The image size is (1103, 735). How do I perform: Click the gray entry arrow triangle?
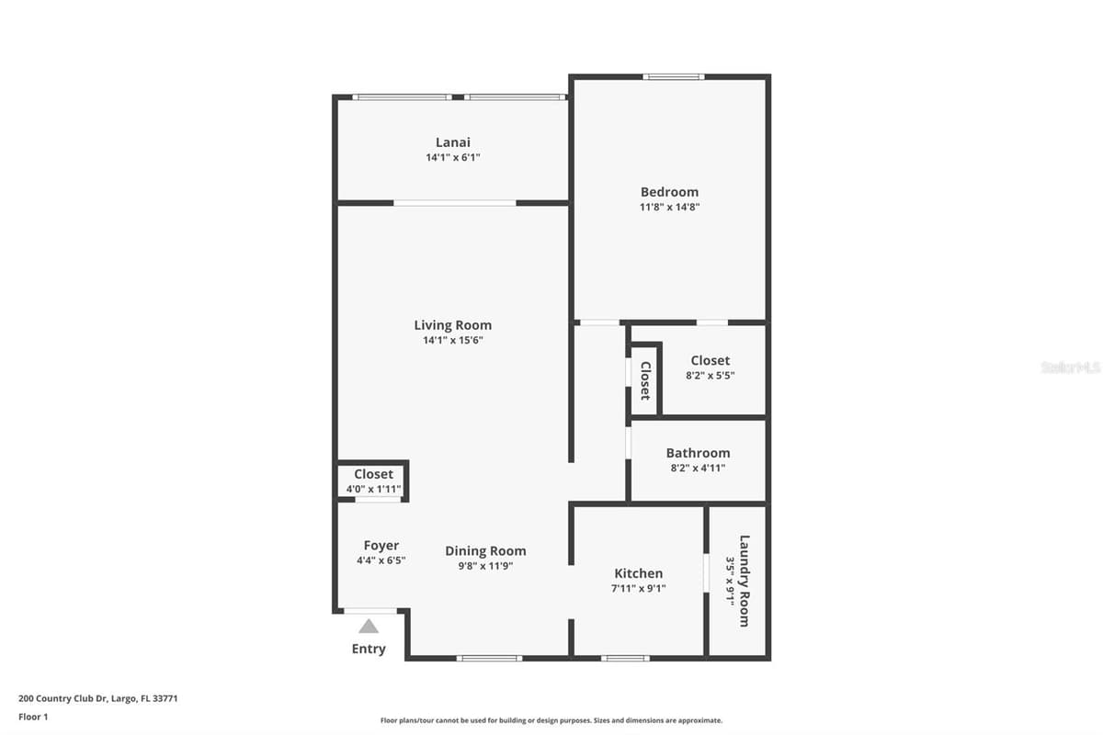pyautogui.click(x=369, y=627)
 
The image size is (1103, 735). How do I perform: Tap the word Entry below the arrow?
pyautogui.click(x=369, y=649)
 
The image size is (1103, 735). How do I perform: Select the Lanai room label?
pyautogui.click(x=453, y=142)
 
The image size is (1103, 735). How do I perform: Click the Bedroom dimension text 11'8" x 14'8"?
pyautogui.click(x=670, y=207)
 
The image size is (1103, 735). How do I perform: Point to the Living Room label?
pyautogui.click(x=453, y=325)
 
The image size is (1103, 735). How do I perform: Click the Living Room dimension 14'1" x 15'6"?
pyautogui.click(x=453, y=340)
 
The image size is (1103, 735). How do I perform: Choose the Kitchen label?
pyautogui.click(x=639, y=573)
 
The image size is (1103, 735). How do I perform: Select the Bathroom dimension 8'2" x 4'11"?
pyautogui.click(x=699, y=468)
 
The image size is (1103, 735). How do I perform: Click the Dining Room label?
pyautogui.click(x=485, y=551)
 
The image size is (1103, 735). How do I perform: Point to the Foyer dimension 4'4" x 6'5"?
pyautogui.click(x=381, y=560)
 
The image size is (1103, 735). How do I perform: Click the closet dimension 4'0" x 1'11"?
pyautogui.click(x=374, y=490)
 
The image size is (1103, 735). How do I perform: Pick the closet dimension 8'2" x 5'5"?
pyautogui.click(x=710, y=375)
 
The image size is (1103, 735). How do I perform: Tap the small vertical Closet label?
pyautogui.click(x=645, y=380)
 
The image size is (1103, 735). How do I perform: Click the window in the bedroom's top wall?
pyautogui.click(x=674, y=77)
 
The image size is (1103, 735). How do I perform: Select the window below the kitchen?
pyautogui.click(x=625, y=658)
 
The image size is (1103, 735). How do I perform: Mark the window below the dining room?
pyautogui.click(x=489, y=658)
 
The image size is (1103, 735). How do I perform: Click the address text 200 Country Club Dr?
pyautogui.click(x=63, y=698)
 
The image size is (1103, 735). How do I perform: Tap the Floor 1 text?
pyautogui.click(x=33, y=717)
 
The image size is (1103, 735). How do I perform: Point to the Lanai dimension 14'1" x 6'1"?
pyautogui.click(x=453, y=157)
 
